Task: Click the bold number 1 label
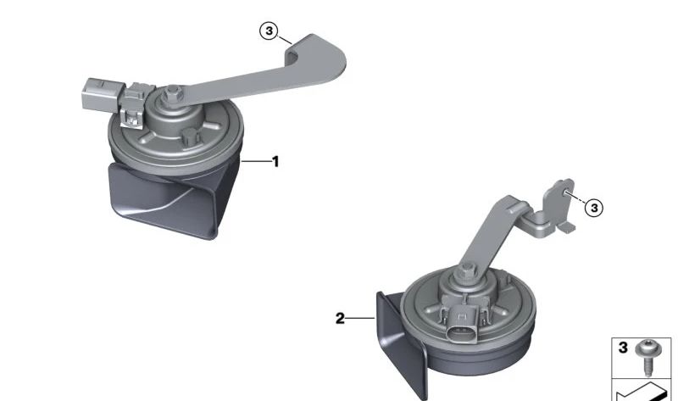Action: pyautogui.click(x=275, y=162)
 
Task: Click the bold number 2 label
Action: pyautogui.click(x=341, y=319)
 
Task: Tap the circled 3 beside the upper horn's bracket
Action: pyautogui.click(x=269, y=31)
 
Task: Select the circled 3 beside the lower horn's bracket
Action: pyautogui.click(x=594, y=208)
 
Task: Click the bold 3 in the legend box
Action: pyautogui.click(x=623, y=347)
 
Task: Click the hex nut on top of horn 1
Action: pyautogui.click(x=172, y=95)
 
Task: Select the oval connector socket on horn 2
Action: pyautogui.click(x=462, y=333)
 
